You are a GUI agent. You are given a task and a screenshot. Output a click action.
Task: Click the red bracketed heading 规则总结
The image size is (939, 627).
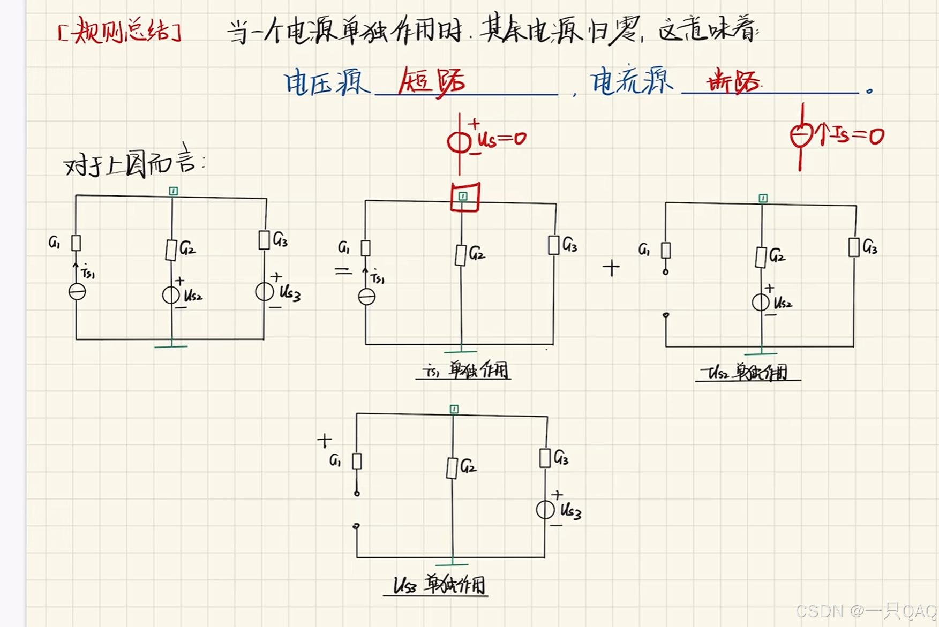tap(119, 31)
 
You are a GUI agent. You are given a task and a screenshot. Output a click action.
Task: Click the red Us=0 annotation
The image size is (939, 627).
tap(501, 139)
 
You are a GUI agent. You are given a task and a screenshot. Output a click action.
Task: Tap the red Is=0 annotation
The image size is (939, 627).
tap(852, 135)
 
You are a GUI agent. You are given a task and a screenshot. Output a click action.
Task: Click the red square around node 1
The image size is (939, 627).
tap(464, 197)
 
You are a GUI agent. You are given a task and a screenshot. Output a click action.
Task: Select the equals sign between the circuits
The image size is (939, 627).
tap(343, 271)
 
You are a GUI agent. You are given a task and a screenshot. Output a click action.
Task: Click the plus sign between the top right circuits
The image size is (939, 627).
tap(611, 268)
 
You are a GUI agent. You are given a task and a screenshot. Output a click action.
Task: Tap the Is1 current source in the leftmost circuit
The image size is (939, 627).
tap(77, 292)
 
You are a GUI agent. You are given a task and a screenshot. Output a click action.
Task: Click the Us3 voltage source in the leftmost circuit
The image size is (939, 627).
tap(264, 292)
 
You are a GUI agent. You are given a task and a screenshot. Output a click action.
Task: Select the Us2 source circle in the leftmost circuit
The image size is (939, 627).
tap(171, 295)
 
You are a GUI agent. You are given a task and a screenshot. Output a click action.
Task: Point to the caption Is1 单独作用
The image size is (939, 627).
tap(464, 370)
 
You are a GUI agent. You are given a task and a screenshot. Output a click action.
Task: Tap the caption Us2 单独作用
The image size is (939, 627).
tap(747, 372)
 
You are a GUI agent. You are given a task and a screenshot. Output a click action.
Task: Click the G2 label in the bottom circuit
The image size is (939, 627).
tap(468, 466)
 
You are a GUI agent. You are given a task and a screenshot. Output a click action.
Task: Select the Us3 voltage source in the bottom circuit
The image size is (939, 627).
tap(545, 509)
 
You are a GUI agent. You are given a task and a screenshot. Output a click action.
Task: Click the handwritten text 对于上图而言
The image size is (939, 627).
tap(134, 162)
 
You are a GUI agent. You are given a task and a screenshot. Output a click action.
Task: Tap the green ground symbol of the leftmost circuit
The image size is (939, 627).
tap(171, 346)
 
